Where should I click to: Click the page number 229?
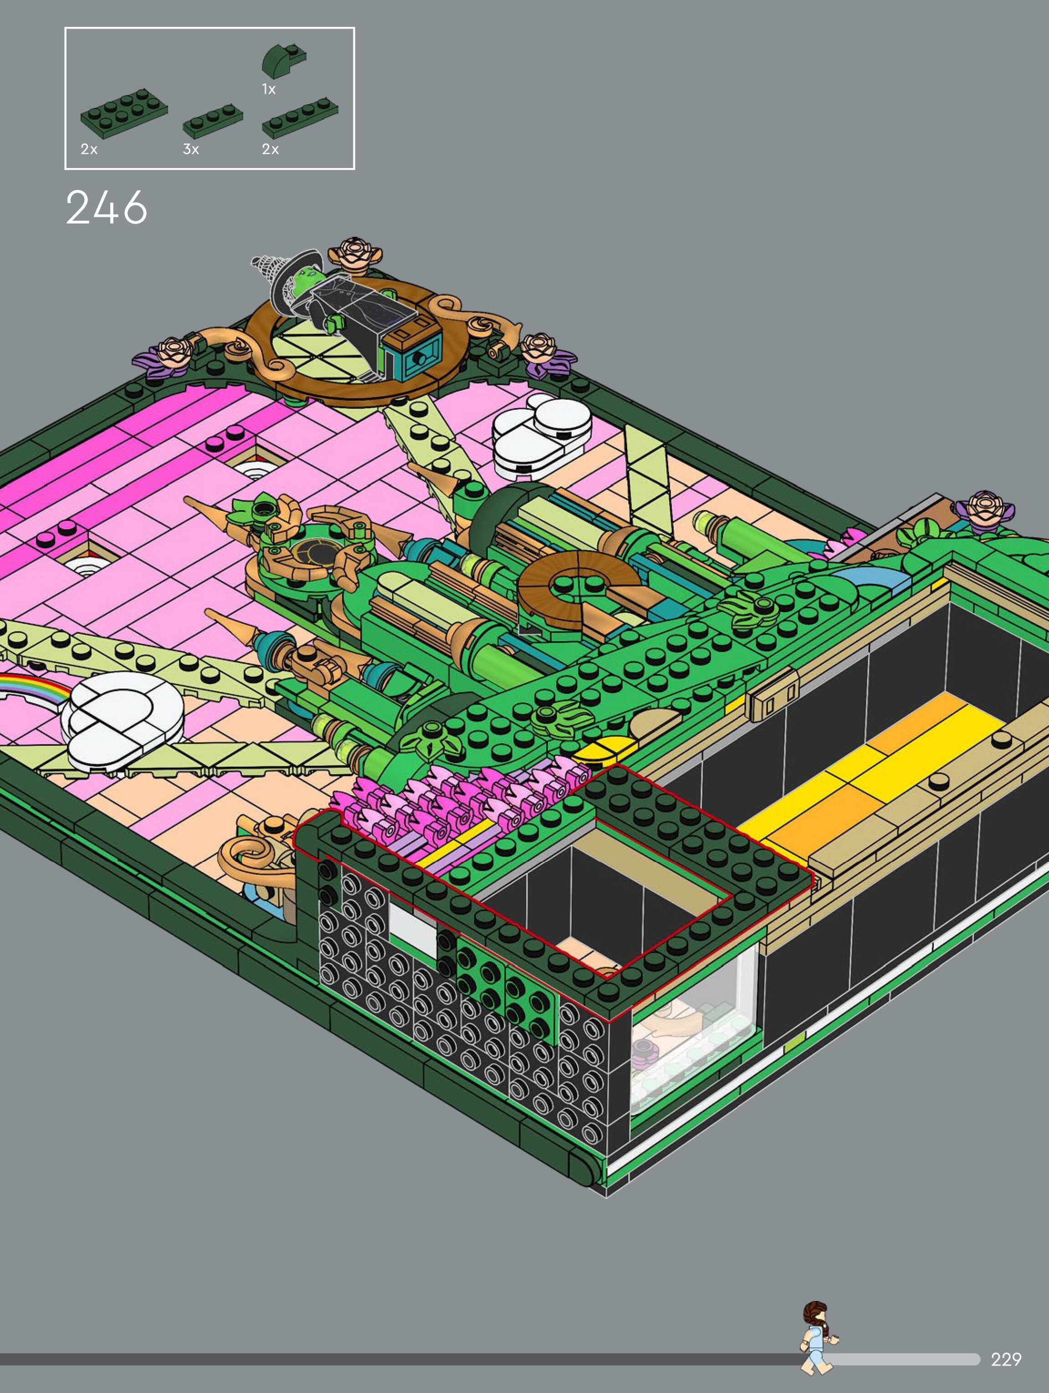pyautogui.click(x=1006, y=1359)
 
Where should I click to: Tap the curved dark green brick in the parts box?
pyautogui.click(x=283, y=61)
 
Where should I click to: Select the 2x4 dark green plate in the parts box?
pyautogui.click(x=124, y=113)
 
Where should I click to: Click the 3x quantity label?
pyautogui.click(x=191, y=149)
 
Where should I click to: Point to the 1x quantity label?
pyautogui.click(x=269, y=89)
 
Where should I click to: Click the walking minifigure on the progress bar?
pyautogui.click(x=817, y=1337)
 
